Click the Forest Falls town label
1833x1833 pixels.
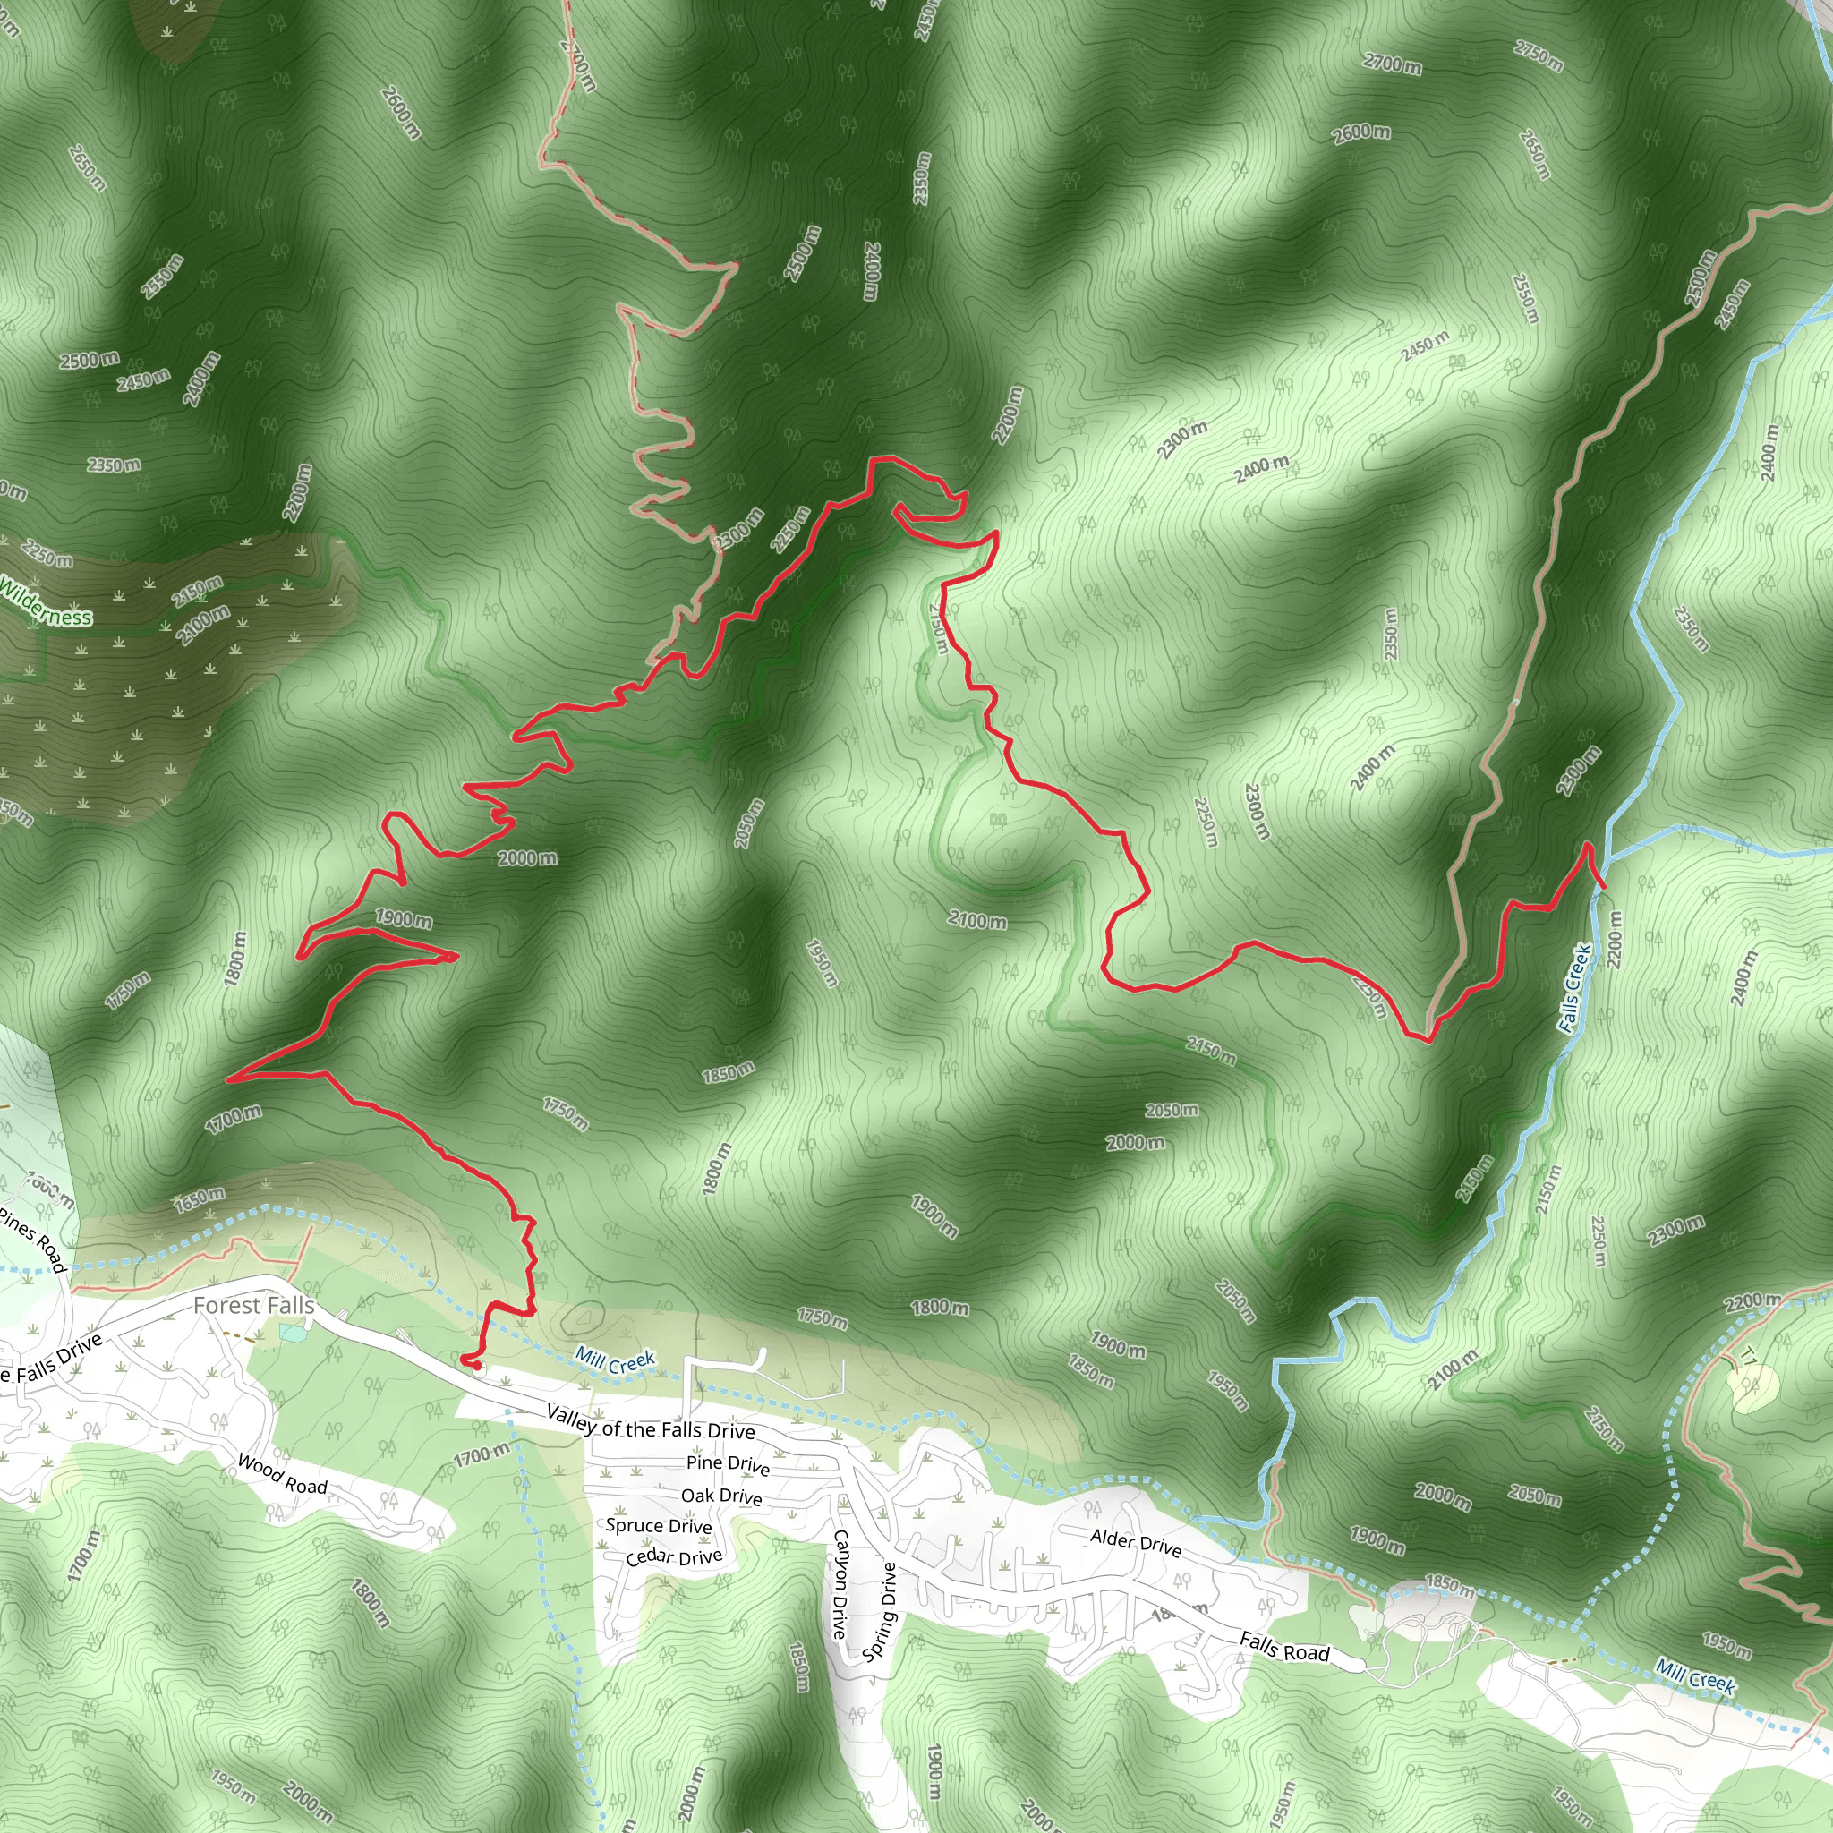(253, 1306)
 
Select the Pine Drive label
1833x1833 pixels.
(728, 1464)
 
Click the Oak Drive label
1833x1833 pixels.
(721, 1496)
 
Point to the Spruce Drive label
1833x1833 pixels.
(659, 1526)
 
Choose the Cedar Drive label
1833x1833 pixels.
(674, 1557)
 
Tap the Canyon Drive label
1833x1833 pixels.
(840, 1583)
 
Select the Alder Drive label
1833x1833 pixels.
(1136, 1543)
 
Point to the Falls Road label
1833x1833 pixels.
(1284, 1646)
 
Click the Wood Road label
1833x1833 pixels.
(282, 1474)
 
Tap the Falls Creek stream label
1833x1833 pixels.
(1574, 986)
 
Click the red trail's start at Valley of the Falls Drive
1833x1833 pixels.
(468, 1362)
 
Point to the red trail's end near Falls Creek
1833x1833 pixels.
(1603, 886)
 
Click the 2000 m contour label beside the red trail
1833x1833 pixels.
(527, 857)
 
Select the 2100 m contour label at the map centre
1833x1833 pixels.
(977, 919)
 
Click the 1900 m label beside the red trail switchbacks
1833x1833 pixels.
(404, 917)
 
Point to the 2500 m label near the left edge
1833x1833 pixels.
(90, 360)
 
